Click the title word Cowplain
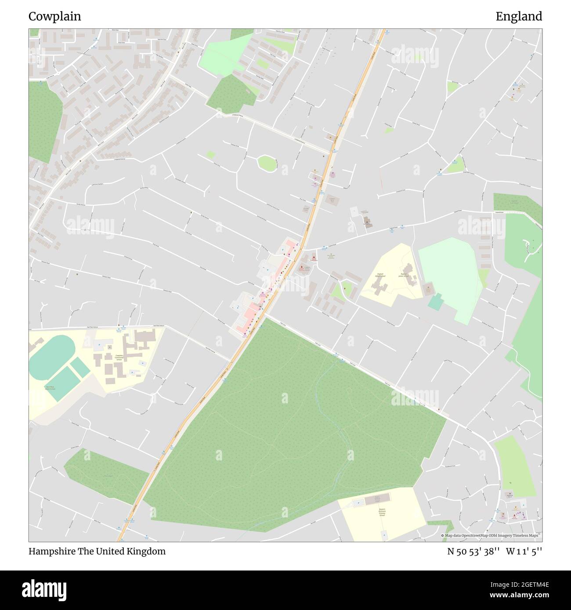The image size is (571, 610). (54, 17)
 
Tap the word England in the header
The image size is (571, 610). (519, 17)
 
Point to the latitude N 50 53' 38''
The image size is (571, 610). (473, 551)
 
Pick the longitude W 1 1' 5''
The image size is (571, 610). (524, 551)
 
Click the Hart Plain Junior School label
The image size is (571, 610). (50, 388)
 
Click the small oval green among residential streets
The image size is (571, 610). (267, 164)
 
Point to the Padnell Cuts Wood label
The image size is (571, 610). (514, 203)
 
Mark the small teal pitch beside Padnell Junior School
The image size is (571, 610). (436, 302)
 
